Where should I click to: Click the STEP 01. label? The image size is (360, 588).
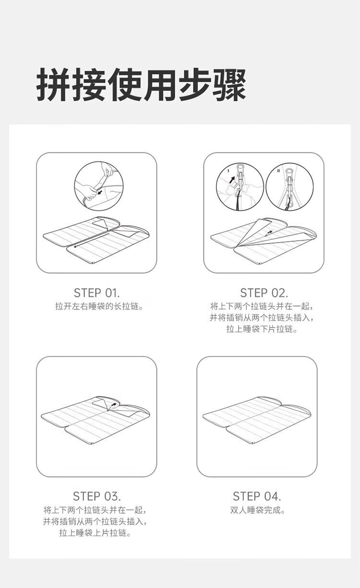coord(96,293)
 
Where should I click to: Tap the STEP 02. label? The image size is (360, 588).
coord(264,293)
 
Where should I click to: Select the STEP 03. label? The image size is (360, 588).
coord(97,496)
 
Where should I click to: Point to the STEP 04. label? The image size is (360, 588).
coord(257,496)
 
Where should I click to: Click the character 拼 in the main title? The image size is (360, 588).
coord(53,84)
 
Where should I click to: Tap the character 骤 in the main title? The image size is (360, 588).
coord(230,84)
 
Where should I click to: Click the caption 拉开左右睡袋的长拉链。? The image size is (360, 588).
coord(99,306)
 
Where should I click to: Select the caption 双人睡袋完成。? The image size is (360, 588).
coord(257,510)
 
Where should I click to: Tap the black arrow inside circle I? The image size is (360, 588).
coord(231,180)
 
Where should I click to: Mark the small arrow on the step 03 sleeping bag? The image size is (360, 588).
coord(114,404)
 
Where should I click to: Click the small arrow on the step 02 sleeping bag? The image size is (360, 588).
coord(268,233)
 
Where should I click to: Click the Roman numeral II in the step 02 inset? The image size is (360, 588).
coord(278,171)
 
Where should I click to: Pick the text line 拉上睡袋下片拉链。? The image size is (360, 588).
coord(262,329)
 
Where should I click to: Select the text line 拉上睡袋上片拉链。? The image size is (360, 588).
coord(95,533)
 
